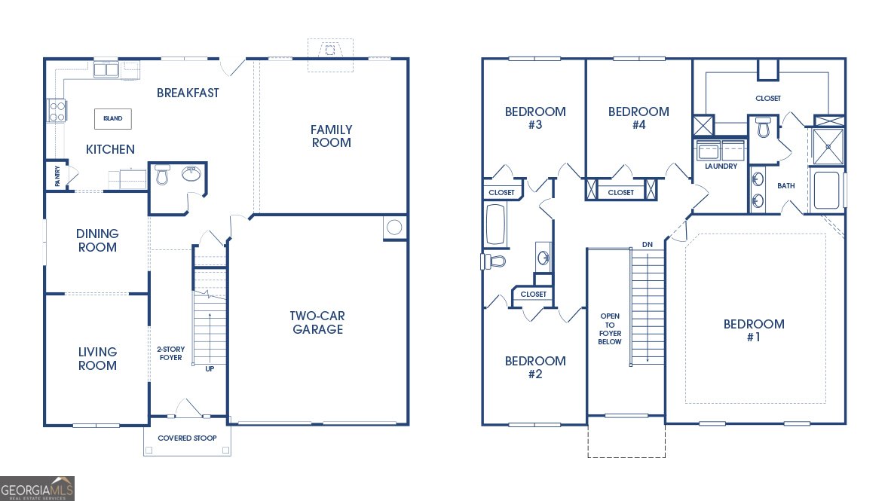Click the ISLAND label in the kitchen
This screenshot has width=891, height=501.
tap(113, 119)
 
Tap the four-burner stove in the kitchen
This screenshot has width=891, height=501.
tap(57, 111)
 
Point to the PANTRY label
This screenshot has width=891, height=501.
tap(57, 176)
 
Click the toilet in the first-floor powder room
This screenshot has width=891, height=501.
tap(161, 176)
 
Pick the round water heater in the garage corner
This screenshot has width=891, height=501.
tap(394, 227)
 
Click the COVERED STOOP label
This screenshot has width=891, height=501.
tap(187, 438)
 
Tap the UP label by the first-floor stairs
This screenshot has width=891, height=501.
tap(210, 368)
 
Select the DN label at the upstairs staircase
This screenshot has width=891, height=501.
tap(647, 245)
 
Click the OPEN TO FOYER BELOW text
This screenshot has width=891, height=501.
tap(610, 328)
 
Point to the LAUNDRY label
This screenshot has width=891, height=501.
tap(721, 166)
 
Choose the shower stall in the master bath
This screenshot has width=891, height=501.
tap(828, 146)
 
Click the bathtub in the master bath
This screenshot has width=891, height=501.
tap(826, 191)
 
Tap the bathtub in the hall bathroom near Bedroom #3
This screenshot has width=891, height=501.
tap(495, 224)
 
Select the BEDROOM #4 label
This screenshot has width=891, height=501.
tap(638, 118)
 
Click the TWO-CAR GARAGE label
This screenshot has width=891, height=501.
tap(317, 322)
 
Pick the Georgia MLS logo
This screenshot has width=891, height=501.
tap(38, 489)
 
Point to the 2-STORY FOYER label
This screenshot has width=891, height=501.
tap(170, 353)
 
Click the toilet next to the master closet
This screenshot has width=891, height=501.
tap(763, 127)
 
